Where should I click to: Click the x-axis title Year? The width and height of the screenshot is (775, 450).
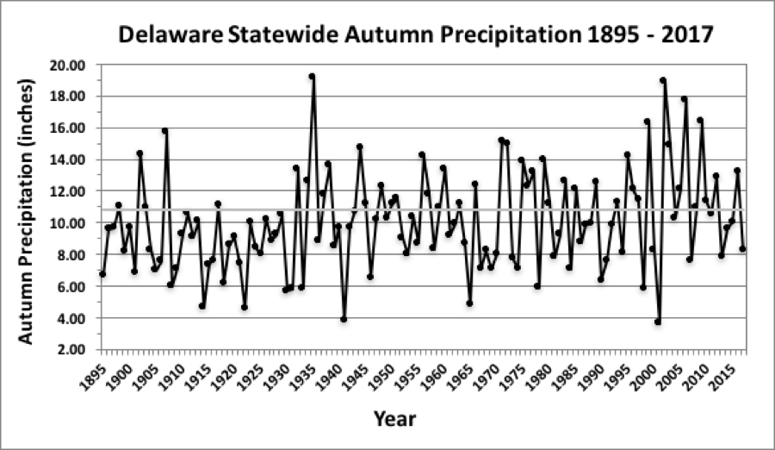(x=394, y=420)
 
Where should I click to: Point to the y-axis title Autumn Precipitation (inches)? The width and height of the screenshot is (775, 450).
(x=27, y=210)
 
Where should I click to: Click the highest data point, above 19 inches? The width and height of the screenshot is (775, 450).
(x=312, y=76)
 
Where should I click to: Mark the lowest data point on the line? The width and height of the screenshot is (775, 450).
(x=658, y=322)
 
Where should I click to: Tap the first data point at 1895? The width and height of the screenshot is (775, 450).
(x=102, y=274)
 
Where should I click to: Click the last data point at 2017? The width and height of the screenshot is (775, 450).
(x=742, y=249)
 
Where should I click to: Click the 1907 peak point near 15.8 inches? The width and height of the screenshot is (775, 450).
(x=164, y=131)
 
